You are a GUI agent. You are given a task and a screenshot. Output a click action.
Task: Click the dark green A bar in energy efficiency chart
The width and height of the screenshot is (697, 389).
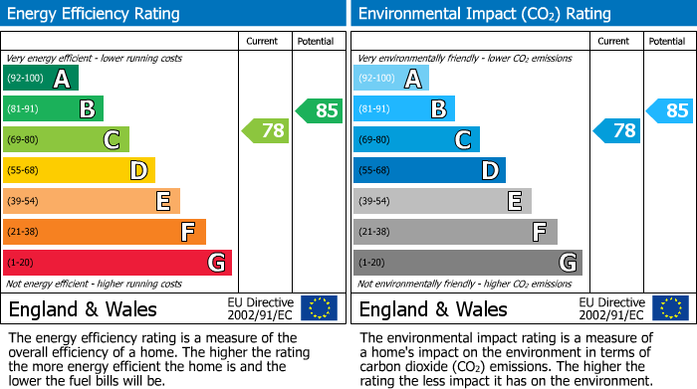coord(41,79)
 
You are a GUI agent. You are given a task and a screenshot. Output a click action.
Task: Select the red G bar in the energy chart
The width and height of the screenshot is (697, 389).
coord(117,263)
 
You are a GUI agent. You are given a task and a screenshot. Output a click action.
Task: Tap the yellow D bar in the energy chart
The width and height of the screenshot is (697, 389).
coord(80,171)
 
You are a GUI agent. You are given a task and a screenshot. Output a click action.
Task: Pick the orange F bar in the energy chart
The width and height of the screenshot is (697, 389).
coord(105,232)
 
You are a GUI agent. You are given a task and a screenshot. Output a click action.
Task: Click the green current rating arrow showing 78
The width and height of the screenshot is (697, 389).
coord(266,130)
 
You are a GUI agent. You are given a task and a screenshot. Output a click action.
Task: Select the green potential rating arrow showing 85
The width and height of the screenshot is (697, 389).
coord(319,110)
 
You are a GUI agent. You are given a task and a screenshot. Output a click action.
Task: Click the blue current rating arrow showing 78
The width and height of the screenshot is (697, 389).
coord(616,130)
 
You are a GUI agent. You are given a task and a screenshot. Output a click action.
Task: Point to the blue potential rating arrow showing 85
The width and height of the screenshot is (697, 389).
coord(669,110)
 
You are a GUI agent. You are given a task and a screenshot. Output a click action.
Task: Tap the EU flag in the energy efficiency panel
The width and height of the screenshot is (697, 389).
coord(319,308)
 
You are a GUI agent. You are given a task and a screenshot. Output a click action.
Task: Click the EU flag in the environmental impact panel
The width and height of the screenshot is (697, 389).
coord(669,308)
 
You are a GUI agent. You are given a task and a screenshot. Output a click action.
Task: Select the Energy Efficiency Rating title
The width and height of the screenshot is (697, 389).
coord(95,14)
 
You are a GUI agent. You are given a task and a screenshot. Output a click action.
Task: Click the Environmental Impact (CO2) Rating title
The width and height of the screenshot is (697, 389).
coord(484,14)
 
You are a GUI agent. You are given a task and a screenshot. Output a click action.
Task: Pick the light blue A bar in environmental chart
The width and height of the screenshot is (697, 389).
coord(391,79)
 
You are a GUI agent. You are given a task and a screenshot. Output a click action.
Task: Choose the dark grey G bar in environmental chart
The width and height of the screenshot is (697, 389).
coord(468,263)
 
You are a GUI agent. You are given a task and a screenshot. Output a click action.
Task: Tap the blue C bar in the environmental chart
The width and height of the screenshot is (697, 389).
coord(416,140)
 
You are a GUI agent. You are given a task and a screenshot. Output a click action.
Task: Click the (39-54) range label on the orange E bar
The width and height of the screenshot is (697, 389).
coord(22,202)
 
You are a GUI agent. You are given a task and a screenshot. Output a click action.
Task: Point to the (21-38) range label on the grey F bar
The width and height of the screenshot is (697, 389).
coord(372,232)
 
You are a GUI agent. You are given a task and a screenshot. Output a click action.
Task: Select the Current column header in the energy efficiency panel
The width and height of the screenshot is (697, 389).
coord(264,41)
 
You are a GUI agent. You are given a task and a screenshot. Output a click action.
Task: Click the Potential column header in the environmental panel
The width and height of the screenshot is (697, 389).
coord(666,41)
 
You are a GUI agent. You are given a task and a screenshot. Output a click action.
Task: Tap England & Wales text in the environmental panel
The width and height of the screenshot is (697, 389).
coord(433,308)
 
